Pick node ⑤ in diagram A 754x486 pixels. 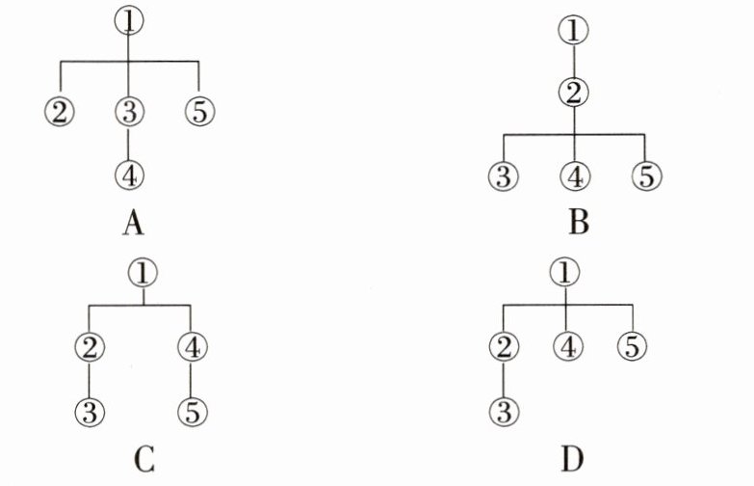click(198, 111)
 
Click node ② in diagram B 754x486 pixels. click(574, 94)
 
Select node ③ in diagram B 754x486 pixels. click(504, 176)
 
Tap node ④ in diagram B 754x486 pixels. click(574, 176)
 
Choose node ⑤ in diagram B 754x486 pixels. click(644, 176)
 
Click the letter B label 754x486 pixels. click(579, 226)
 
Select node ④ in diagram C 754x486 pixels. click(192, 346)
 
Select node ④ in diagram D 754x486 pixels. click(568, 346)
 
